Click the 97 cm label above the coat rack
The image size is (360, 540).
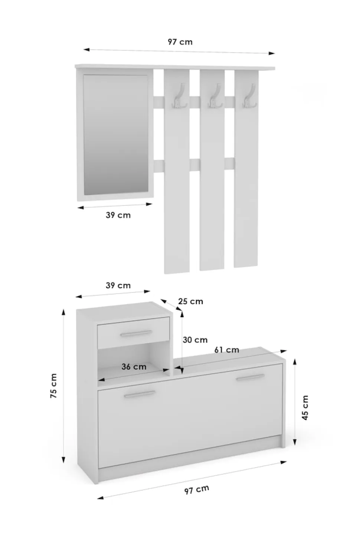[180, 42]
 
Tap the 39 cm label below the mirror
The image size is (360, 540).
[118, 215]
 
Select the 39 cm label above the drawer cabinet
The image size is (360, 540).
[118, 286]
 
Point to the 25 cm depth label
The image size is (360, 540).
[191, 301]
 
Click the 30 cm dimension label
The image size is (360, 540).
[195, 340]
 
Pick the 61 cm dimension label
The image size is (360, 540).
[227, 349]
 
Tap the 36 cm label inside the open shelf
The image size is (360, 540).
[134, 367]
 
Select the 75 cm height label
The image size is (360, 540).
[53, 386]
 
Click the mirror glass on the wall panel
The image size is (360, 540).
[116, 134]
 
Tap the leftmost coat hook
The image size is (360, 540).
[178, 96]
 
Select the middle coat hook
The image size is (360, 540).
[214, 96]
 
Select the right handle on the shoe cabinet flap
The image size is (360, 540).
[250, 377]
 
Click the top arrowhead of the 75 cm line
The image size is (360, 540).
[63, 312]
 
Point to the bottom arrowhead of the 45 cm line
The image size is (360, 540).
[294, 442]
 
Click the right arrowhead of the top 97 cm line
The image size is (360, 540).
[272, 53]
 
